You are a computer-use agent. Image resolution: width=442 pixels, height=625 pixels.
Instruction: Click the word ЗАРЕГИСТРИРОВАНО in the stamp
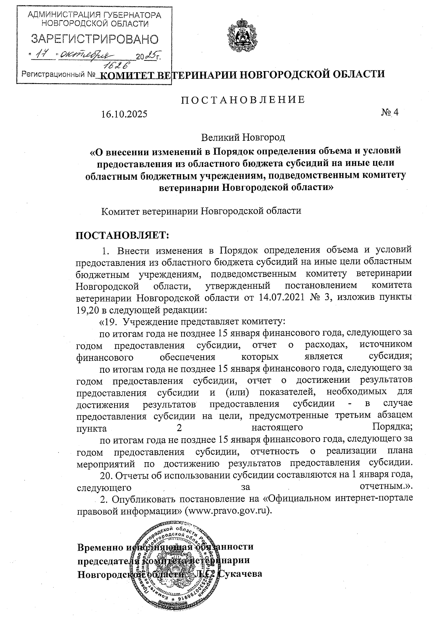click(95, 39)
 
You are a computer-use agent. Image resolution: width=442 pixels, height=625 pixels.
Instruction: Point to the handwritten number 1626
click(117, 65)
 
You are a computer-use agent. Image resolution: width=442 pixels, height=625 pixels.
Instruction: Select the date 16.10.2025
click(124, 114)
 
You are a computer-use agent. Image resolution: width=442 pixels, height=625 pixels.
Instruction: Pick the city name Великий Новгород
click(243, 137)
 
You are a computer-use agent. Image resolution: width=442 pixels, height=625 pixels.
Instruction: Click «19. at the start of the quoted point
click(109, 321)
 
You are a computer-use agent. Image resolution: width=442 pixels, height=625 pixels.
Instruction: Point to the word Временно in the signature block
click(99, 547)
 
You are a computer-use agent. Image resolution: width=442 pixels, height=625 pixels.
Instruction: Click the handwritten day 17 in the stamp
click(45, 55)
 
